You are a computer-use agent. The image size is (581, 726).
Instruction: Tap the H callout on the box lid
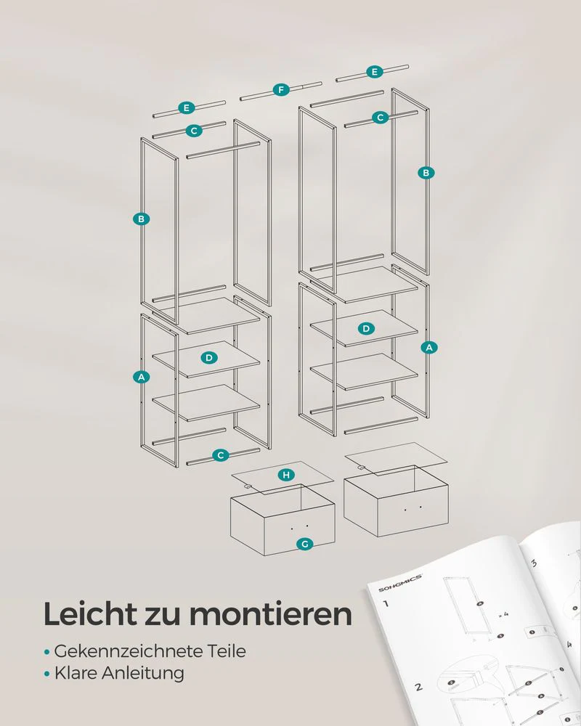[x=287, y=475]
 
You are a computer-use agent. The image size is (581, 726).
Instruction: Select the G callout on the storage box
[x=305, y=544]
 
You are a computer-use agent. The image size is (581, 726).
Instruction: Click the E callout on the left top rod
[x=187, y=107]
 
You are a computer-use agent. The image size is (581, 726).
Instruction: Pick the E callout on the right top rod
[x=374, y=71]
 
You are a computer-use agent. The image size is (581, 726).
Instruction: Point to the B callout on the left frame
[x=142, y=219]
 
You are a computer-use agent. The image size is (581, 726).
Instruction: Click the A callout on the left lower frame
[x=142, y=376]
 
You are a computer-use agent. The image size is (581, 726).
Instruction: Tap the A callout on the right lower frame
[x=429, y=347]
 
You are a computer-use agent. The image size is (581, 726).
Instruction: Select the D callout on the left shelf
[x=208, y=357]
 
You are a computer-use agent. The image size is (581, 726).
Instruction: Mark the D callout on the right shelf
[x=367, y=328]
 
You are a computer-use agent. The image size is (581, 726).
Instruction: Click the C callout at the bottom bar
[x=221, y=455]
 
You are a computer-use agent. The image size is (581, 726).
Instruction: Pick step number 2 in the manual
[x=418, y=686]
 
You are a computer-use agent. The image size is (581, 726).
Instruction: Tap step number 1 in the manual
[x=386, y=603]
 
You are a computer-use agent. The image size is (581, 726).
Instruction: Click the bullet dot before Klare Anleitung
[x=47, y=674]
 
